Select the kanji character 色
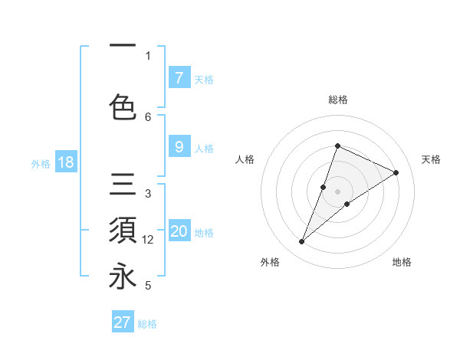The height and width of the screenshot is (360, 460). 123,106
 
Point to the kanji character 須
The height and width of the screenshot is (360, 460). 123,231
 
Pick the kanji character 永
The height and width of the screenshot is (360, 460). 123,277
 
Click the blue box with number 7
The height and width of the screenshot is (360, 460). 179,78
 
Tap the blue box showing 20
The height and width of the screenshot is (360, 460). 179,232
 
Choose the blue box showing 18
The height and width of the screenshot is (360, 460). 65,163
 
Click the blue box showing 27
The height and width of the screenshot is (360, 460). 123,322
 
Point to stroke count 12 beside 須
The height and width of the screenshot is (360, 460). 148,240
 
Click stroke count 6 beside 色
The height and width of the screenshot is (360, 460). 148,116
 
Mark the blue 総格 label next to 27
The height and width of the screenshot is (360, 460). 147,324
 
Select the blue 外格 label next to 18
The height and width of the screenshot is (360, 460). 41,164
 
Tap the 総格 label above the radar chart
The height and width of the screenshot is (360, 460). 337,100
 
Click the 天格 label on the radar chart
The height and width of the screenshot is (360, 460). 432,159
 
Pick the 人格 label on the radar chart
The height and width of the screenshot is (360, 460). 245,159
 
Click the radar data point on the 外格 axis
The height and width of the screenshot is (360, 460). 302,242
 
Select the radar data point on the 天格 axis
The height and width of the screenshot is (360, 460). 396,173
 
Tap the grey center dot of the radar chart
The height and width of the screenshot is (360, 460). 337,191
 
